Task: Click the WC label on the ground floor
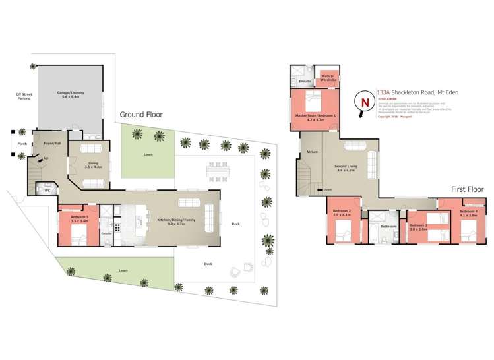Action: pos(47,191)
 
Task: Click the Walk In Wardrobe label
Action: pos(328,78)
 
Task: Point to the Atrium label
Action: pos(313,152)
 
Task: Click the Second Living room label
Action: pos(346,168)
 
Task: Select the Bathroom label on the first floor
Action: pos(388,226)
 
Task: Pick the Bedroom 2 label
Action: pos(340,213)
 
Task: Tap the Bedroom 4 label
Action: pos(469,213)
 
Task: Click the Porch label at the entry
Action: pos(22,143)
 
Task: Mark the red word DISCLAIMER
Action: pos(387,100)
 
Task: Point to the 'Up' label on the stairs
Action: pos(46,158)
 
